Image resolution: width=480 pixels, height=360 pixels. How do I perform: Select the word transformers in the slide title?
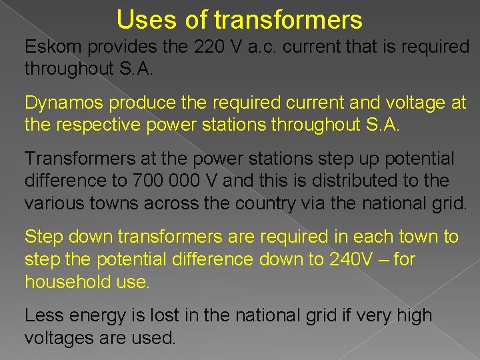289,19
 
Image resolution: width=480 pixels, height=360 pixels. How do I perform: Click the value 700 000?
163,181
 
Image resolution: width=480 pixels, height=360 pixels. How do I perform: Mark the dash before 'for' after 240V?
385,259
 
